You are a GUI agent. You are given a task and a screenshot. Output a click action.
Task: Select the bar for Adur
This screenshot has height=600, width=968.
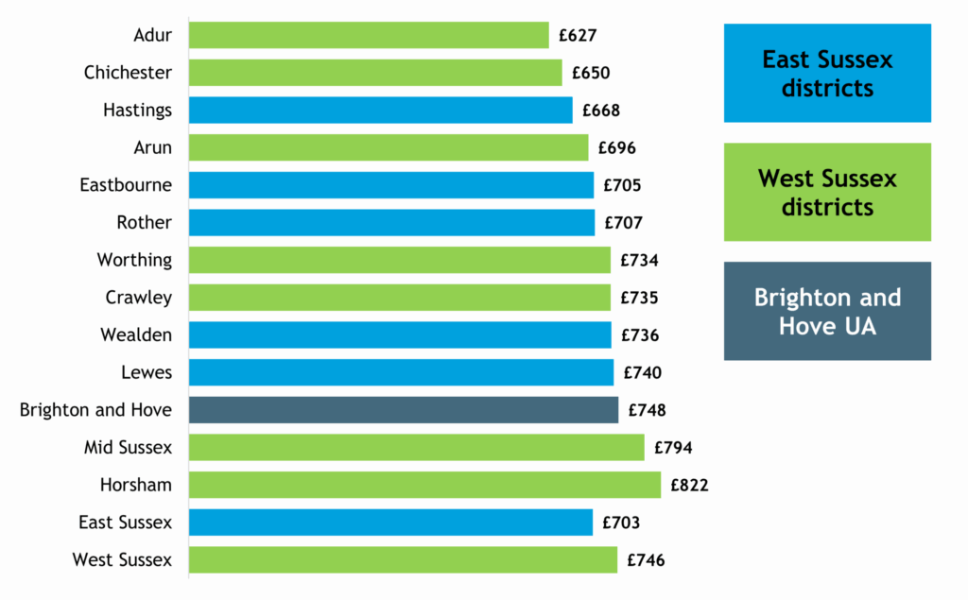click(x=369, y=35)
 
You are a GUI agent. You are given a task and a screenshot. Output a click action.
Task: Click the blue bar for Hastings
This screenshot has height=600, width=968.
click(x=380, y=111)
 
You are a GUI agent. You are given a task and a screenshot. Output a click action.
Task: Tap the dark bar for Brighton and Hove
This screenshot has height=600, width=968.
click(x=404, y=410)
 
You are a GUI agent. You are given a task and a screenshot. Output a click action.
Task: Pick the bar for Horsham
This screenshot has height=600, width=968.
click(x=424, y=485)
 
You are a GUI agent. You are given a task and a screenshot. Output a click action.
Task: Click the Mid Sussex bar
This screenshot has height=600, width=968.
click(x=416, y=448)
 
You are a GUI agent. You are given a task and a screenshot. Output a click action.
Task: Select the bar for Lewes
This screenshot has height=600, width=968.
click(x=401, y=372)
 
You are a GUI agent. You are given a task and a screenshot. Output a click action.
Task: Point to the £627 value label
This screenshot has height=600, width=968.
click(x=578, y=36)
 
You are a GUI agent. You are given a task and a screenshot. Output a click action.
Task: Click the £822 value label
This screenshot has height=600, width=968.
click(x=689, y=486)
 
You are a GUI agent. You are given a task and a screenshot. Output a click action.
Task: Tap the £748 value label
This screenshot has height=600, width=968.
click(x=647, y=411)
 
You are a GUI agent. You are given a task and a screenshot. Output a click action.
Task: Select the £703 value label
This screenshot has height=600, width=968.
click(x=620, y=523)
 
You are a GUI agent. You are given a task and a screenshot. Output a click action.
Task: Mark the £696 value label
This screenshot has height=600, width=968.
click(x=616, y=148)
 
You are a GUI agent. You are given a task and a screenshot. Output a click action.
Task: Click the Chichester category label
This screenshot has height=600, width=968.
click(x=128, y=73)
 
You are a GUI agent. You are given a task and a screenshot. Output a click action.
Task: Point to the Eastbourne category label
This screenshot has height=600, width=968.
click(x=126, y=185)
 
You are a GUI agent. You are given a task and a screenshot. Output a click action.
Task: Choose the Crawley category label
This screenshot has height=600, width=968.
click(x=139, y=298)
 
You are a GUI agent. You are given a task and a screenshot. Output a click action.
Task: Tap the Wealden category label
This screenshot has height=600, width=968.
click(x=136, y=334)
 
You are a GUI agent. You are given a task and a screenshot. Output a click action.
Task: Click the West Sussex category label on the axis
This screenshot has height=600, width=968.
click(x=122, y=560)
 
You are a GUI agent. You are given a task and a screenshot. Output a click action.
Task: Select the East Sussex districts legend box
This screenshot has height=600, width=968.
click(x=827, y=74)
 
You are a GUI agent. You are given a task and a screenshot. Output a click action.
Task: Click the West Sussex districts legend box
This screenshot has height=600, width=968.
click(x=827, y=192)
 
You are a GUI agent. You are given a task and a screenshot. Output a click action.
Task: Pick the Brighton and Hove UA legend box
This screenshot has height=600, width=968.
click(x=827, y=311)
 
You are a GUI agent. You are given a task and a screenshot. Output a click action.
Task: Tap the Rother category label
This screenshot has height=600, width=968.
click(x=145, y=223)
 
